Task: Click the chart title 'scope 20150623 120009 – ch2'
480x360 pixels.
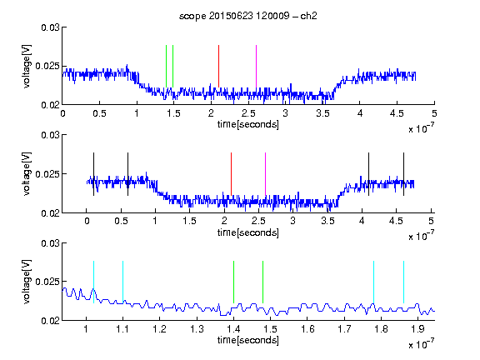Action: [248, 16]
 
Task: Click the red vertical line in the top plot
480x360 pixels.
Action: [219, 66]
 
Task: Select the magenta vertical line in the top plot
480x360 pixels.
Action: [256, 66]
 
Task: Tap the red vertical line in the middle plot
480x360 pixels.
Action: [231, 174]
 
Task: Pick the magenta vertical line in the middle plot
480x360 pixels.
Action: [265, 174]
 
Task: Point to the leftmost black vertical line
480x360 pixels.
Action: [93, 174]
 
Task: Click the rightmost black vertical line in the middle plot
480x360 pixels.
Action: [404, 174]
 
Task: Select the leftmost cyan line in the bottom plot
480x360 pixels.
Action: [93, 282]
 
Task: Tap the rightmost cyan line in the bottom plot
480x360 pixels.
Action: [404, 282]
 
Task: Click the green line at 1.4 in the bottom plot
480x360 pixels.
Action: [234, 282]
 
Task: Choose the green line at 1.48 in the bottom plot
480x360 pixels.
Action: [263, 282]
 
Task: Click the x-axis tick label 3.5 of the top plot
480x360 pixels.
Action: [323, 113]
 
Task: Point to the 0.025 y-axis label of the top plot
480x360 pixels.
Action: [47, 66]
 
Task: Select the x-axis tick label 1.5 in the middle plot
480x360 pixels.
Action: [190, 221]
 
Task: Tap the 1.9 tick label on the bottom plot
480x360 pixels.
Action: [417, 329]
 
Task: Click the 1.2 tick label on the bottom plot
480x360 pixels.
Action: [160, 329]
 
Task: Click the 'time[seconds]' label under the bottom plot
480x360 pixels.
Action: [248, 340]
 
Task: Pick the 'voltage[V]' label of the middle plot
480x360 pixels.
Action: [27, 174]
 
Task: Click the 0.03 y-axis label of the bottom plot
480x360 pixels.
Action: [50, 243]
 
